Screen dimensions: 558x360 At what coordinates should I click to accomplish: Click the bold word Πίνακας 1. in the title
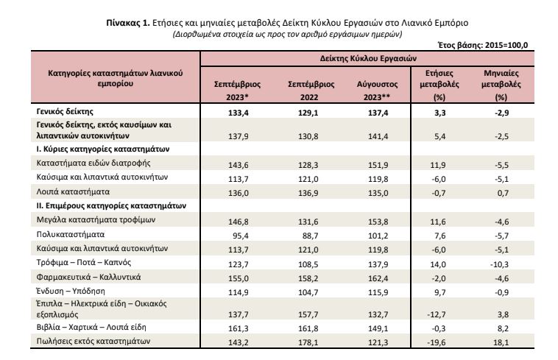click(128, 23)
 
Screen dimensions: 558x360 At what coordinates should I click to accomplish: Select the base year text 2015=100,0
click(506, 45)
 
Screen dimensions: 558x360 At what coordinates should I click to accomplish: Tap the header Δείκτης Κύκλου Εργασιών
click(368, 58)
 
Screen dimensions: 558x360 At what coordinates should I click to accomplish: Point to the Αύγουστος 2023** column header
click(377, 91)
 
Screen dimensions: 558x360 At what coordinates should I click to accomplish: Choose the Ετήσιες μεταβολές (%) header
click(439, 85)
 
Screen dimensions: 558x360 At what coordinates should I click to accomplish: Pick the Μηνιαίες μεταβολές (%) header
click(501, 85)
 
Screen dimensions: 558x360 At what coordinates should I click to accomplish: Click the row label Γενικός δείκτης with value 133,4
click(65, 112)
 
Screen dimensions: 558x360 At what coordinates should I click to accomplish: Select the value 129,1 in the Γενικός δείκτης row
click(308, 113)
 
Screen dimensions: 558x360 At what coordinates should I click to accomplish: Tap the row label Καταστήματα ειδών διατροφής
click(93, 163)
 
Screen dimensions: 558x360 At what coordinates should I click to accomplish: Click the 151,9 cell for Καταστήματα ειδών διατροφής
click(378, 165)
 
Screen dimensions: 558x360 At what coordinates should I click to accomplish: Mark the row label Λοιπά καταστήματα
click(73, 191)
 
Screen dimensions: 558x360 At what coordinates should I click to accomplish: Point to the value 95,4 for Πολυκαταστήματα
click(241, 236)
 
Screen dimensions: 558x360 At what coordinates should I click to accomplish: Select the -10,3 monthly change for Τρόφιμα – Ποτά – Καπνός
click(501, 264)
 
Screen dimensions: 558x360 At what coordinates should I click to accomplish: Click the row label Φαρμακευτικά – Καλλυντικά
click(88, 277)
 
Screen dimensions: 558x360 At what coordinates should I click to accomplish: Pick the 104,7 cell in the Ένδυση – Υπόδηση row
click(308, 292)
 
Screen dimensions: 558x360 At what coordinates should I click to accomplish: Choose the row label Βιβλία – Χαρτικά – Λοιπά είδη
click(91, 328)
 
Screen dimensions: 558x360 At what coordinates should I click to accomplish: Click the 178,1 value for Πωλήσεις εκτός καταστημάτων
click(308, 342)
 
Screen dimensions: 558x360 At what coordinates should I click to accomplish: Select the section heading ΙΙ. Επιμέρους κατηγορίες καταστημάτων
click(111, 206)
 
